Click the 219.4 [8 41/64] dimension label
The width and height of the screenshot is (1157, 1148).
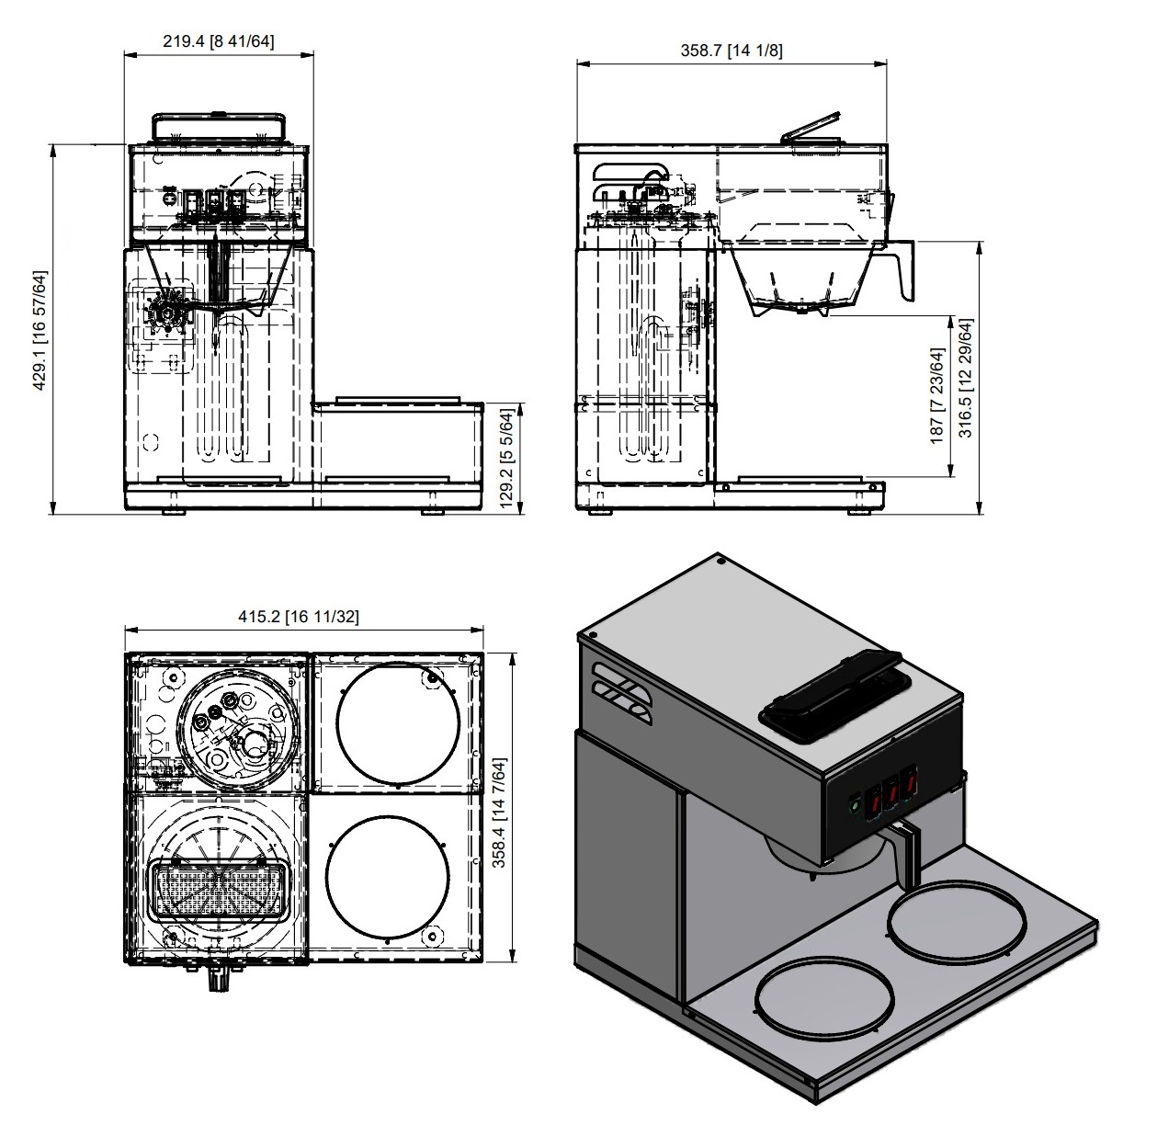pos(219,40)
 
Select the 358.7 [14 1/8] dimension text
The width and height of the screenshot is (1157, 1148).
pos(732,50)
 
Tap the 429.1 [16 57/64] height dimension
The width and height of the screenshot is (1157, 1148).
pos(40,330)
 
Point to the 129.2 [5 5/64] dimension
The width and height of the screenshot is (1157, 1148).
pos(507,460)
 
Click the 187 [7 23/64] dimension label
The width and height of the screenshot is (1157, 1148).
pos(937,396)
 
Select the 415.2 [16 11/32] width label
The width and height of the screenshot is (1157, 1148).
pos(299,617)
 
